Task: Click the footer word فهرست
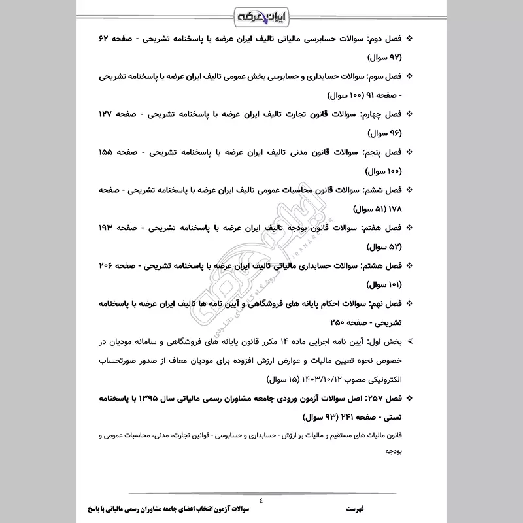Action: coord(356,508)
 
